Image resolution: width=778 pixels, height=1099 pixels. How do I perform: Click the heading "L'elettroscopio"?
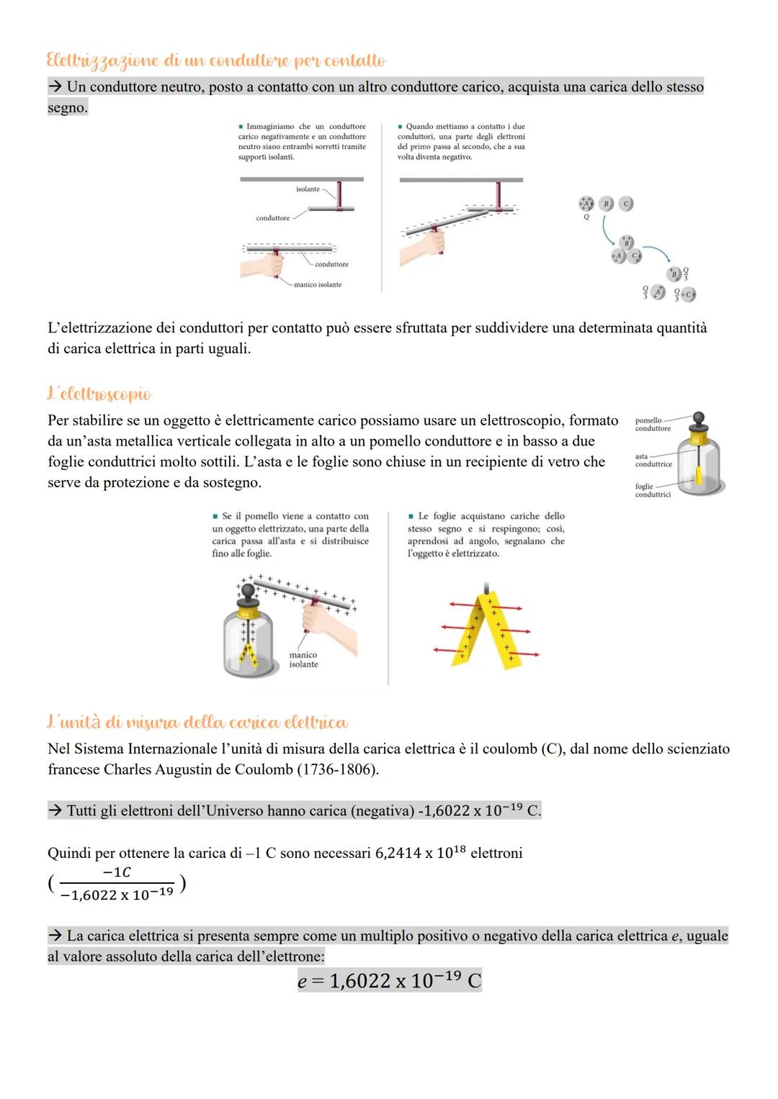coord(99,394)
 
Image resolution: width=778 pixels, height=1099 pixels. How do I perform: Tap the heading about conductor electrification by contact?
coord(216,60)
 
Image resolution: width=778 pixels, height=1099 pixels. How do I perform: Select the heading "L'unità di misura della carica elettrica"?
coord(197,721)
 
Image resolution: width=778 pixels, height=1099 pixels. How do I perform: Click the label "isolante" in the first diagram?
coord(308,189)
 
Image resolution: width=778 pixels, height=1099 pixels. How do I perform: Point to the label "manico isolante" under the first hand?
coord(318,285)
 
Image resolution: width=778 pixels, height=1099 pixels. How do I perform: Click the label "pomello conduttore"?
coord(652,425)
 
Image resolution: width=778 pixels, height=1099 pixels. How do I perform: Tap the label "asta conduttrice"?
coord(653,460)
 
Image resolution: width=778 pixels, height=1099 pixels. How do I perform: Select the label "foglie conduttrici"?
coord(652,490)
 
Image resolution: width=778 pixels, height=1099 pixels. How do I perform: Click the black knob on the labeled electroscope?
coord(697,418)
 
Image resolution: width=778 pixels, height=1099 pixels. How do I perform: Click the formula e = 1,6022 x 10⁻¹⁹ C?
coord(389,981)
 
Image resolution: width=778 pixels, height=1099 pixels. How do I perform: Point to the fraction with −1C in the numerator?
coord(117,884)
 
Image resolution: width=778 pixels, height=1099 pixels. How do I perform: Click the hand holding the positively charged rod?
coord(328,622)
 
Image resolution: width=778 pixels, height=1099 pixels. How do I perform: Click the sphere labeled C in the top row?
coord(626,204)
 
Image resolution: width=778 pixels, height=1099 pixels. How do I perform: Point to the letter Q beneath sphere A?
coord(586,217)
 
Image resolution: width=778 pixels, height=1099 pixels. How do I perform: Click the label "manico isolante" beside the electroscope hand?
coord(303,660)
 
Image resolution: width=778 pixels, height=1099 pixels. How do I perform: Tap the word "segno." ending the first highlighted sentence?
coord(68,108)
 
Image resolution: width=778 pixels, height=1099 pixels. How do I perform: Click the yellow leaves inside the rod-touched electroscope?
coord(249,655)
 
